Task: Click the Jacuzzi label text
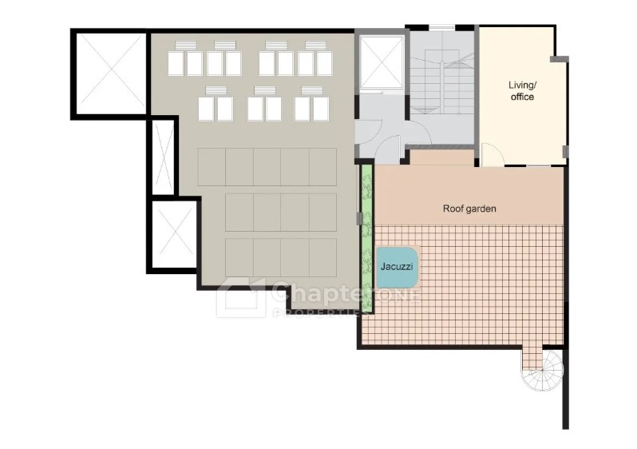point(397,267)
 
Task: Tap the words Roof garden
point(469,209)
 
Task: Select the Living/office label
point(522,91)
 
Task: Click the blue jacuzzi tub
point(398,267)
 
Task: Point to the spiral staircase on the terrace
point(544,369)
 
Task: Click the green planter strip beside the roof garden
point(367,238)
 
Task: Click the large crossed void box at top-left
point(110,74)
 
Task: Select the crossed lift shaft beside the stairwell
point(382,62)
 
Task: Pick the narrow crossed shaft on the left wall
point(163,157)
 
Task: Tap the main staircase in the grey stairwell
point(442,80)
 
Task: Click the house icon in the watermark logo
point(240,297)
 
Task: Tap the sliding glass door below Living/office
point(528,166)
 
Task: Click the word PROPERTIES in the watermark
point(317,312)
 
